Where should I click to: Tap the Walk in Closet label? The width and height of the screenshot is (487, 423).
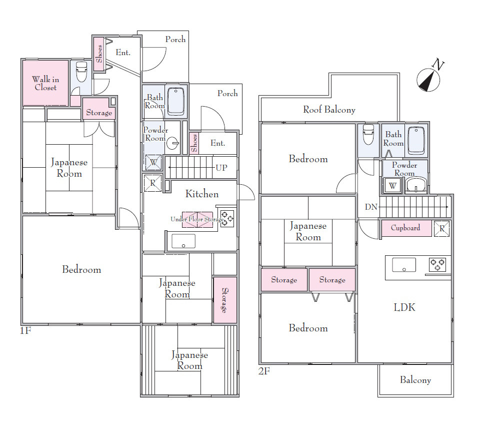45,84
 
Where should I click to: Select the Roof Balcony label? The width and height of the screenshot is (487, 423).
329,110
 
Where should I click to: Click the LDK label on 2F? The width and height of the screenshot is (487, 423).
404,307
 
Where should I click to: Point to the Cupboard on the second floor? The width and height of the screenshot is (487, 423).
406,228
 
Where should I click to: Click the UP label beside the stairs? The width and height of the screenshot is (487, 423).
221,168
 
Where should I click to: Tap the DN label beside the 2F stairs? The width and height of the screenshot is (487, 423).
371,207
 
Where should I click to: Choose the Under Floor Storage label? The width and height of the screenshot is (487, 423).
197,219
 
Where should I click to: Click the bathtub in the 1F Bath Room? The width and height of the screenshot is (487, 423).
176,102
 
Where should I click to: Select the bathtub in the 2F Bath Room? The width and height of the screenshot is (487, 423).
416,140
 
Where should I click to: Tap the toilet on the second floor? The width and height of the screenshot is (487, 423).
368,134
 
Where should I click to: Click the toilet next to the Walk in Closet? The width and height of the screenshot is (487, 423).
81,72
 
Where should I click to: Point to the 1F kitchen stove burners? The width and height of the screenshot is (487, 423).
227,219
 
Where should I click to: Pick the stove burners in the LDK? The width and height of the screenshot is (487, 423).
437,265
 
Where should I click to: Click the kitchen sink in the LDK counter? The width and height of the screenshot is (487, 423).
404,265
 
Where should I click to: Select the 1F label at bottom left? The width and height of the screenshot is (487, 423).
25,330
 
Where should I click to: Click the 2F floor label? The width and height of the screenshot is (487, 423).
264,371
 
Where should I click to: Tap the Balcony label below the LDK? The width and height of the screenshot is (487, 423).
415,380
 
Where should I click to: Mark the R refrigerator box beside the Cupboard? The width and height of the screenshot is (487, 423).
441,229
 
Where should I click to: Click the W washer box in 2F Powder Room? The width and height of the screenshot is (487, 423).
392,186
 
